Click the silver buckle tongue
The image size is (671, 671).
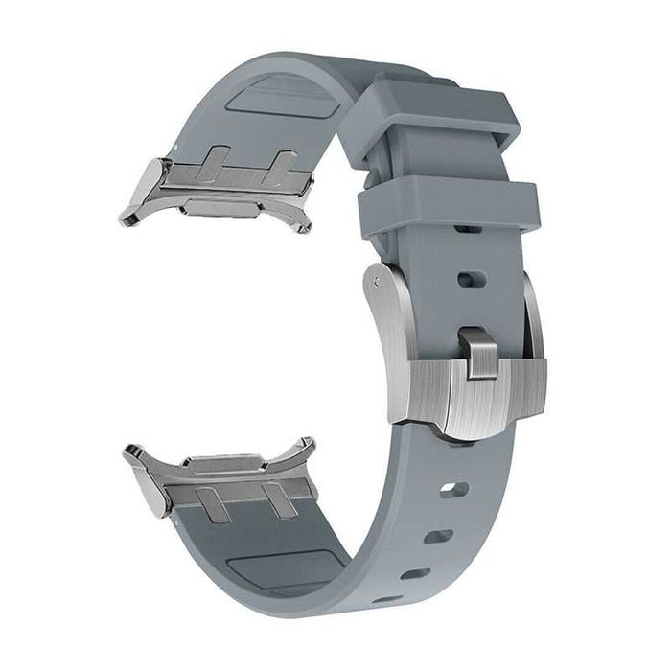[479, 349]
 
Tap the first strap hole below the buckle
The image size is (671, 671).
[453, 490]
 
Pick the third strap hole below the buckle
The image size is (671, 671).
[415, 574]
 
